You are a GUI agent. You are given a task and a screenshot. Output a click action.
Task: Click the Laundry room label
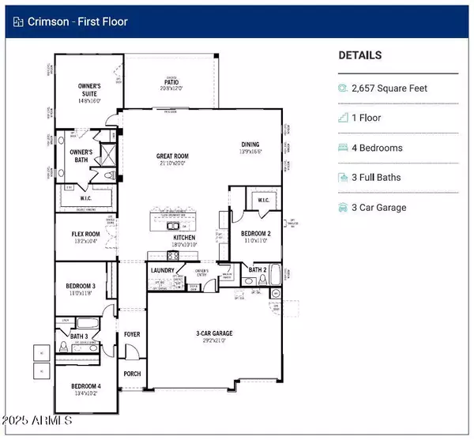162,270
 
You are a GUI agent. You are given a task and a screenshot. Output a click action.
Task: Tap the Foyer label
132,334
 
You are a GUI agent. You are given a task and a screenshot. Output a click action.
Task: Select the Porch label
132,374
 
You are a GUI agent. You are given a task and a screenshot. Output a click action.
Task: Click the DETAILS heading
359,55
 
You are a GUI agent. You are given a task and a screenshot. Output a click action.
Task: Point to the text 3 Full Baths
382,178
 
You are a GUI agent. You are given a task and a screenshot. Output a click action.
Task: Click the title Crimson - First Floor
88,21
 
